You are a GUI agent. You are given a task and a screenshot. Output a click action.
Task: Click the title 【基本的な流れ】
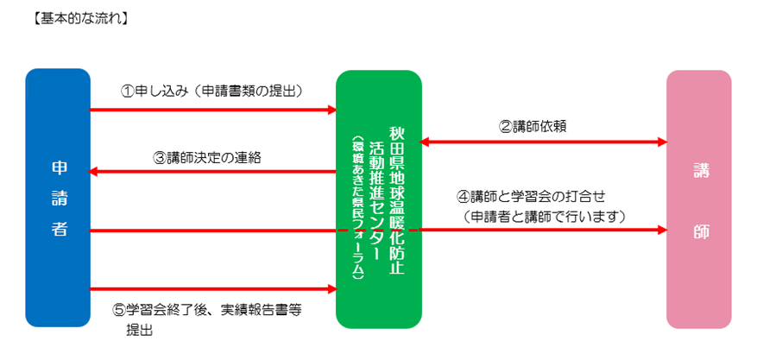80,19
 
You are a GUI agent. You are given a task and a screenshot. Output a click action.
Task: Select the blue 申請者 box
58,198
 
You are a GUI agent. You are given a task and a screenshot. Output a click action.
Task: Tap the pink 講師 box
699,199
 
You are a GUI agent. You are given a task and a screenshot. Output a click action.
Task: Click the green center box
379,199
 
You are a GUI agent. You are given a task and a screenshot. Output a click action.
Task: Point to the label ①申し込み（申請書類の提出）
211,92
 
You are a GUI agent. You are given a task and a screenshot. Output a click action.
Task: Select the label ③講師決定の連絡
208,158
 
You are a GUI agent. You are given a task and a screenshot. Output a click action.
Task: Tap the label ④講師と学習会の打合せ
531,197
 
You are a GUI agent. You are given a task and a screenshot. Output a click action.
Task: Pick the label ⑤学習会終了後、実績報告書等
208,311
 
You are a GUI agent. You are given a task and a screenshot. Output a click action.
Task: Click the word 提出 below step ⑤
140,331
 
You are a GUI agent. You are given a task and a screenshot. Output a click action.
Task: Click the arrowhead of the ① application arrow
332,110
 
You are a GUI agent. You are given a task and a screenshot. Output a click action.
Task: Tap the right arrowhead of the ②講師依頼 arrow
662,142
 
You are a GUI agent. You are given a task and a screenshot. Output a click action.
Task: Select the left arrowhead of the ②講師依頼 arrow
424,142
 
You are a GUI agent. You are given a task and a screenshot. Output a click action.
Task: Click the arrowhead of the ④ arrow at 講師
662,231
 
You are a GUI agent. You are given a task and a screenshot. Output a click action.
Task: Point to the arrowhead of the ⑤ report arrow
332,289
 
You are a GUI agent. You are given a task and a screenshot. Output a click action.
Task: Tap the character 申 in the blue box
60,167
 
